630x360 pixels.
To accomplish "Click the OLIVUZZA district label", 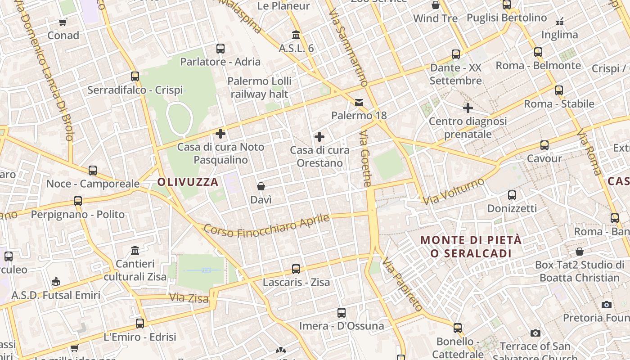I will point(188,182).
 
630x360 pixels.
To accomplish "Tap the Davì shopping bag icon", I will point(261,186).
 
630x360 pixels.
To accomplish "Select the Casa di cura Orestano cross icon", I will point(319,137).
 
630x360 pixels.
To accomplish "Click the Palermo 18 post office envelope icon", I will point(359,103).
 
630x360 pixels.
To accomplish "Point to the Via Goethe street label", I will point(365,158).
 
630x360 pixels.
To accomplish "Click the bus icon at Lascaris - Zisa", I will point(296,269).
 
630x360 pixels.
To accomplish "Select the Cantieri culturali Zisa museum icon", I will point(135,250).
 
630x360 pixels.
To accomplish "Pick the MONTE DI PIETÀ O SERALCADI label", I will point(471,247).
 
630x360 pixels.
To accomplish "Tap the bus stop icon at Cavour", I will point(544,145).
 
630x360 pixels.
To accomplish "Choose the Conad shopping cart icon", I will point(63,22).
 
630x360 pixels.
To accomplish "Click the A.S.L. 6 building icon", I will point(296,35).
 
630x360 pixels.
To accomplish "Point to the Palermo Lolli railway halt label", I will point(259,88).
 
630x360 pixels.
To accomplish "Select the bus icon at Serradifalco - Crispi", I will point(135,76).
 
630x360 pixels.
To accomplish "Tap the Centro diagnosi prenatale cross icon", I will point(468,108).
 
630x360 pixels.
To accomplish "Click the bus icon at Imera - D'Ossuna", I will point(342,313).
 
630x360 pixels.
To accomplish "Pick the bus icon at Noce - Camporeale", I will point(93,171).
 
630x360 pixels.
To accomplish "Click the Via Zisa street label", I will point(189,298).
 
